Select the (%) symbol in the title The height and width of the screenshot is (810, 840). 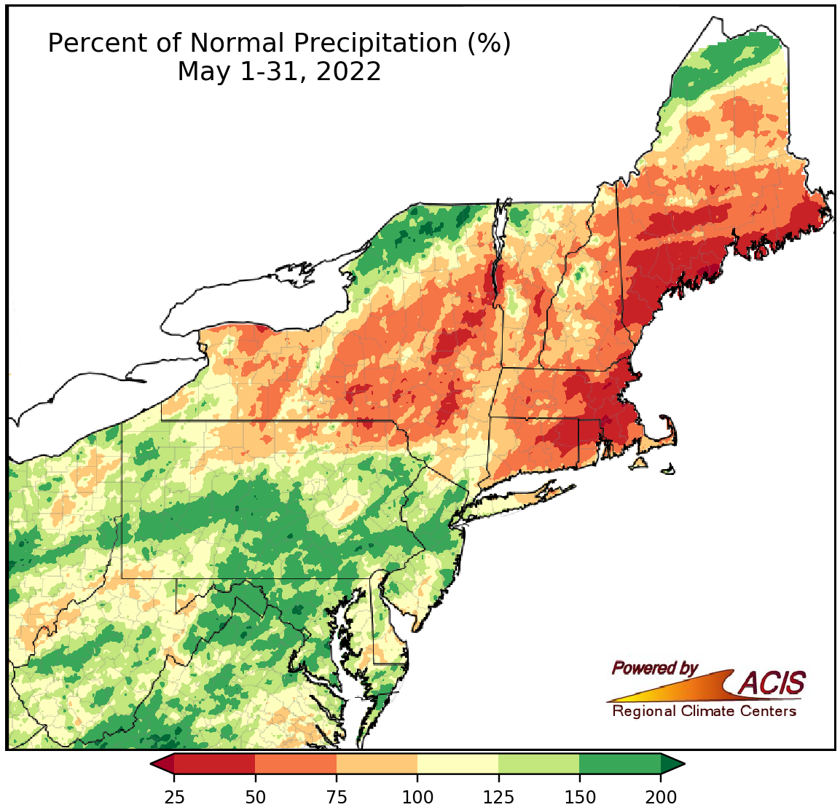[489, 44]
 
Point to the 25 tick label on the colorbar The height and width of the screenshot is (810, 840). [174, 797]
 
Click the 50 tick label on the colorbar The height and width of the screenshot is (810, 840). [255, 797]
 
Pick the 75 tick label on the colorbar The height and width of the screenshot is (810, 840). [336, 797]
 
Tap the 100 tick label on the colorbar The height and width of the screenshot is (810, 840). [417, 797]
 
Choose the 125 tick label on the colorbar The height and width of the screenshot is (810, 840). [498, 797]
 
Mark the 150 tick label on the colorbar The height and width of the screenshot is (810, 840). [579, 797]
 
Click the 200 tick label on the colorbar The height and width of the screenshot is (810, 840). [661, 797]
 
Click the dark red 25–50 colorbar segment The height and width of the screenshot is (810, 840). [214, 764]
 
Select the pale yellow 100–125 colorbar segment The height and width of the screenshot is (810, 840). [458, 764]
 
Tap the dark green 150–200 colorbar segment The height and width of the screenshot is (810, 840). [620, 764]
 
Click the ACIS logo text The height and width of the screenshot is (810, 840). [772, 683]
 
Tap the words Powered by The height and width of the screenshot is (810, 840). [654, 668]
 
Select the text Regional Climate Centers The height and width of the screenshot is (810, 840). [704, 711]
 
